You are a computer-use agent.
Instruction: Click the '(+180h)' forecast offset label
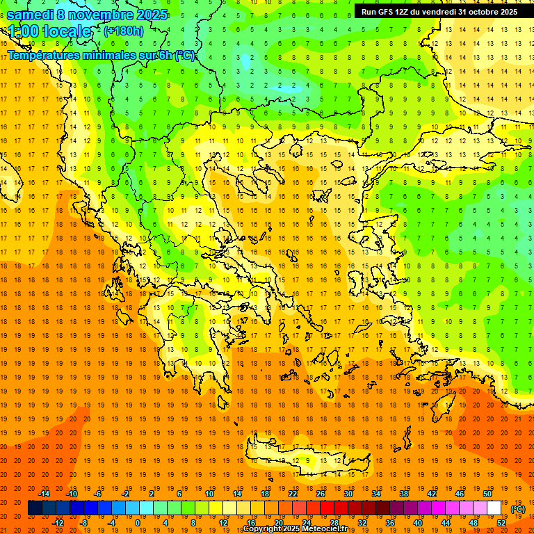(x=124, y=31)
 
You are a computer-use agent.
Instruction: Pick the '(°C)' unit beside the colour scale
(x=518, y=509)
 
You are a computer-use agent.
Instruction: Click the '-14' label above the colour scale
(x=44, y=494)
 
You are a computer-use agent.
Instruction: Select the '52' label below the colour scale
(x=501, y=523)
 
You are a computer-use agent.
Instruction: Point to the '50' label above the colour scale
(x=487, y=494)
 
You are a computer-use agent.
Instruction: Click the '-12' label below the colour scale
(x=58, y=523)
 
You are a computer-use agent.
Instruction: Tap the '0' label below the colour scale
(x=138, y=523)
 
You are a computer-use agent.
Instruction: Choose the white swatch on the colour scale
(x=494, y=508)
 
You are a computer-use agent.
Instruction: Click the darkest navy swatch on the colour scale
(x=35, y=508)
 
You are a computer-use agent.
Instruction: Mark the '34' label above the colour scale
(x=375, y=494)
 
